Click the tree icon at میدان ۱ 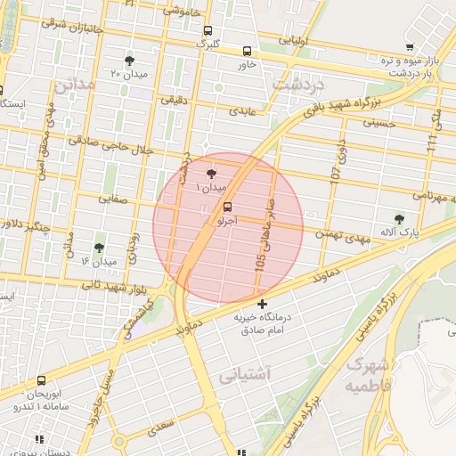tap(211, 175)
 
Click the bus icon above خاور tap(247, 51)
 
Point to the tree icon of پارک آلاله tap(398, 218)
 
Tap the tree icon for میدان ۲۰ tap(130, 61)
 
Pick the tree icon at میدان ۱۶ tap(98, 248)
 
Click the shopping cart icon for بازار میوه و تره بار tap(409, 47)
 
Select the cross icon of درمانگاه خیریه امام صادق tap(261, 305)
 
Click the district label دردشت tap(300, 85)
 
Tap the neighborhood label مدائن tap(73, 87)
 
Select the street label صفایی tap(116, 201)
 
